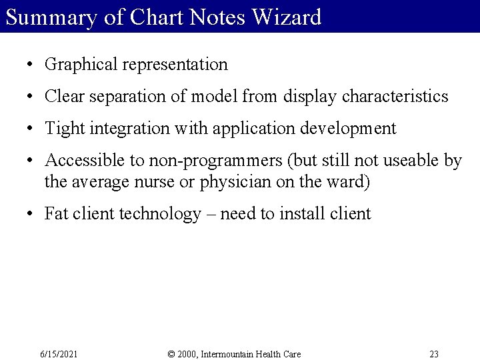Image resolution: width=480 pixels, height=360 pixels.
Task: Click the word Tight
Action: pyautogui.click(x=63, y=129)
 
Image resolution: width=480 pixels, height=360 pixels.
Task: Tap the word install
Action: pyautogui.click(x=310, y=213)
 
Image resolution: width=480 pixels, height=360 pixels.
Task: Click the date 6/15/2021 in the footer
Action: pyautogui.click(x=59, y=354)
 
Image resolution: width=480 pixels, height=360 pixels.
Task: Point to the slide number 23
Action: pyautogui.click(x=434, y=354)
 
